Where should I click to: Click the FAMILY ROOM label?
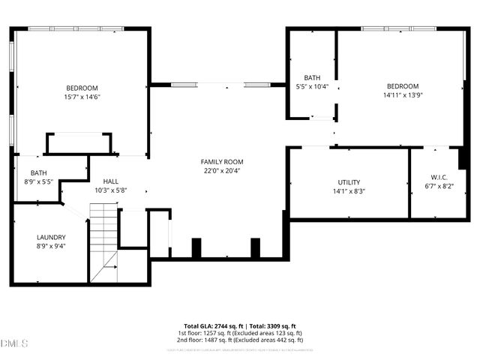(x=222, y=162)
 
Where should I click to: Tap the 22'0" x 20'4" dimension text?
(x=222, y=170)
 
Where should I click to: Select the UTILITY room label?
(x=349, y=182)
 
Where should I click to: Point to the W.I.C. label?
(x=439, y=177)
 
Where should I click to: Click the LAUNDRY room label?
(x=51, y=237)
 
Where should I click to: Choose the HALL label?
(x=111, y=181)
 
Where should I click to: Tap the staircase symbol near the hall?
(x=103, y=244)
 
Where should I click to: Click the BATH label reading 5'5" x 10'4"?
(x=312, y=78)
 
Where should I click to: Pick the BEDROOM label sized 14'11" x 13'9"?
(x=403, y=86)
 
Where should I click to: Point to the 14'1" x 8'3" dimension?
(x=349, y=191)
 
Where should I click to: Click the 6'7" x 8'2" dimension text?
(x=439, y=186)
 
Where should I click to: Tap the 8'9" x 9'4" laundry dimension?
(x=51, y=246)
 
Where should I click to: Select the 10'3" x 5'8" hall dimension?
(x=111, y=190)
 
